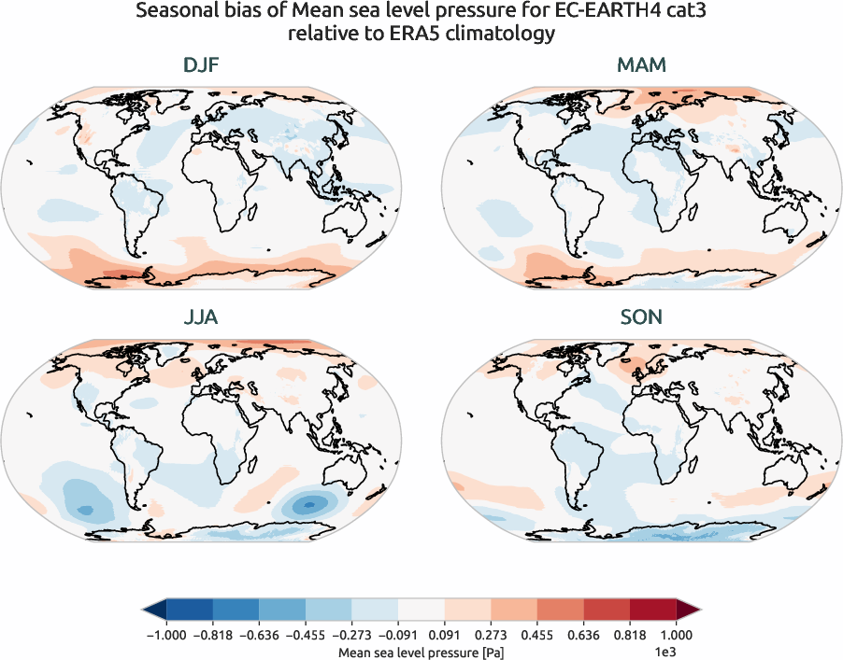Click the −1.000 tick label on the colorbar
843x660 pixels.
click(165, 636)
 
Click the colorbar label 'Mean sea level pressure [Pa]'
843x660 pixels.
click(421, 650)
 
